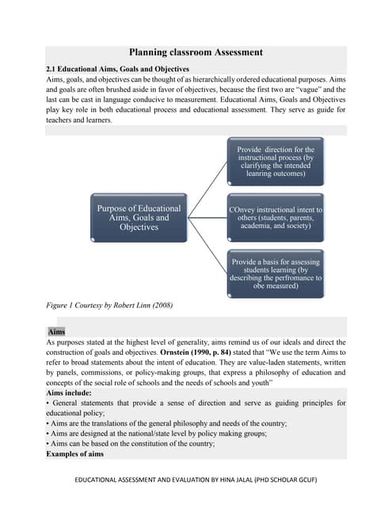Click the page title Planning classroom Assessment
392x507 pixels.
pyautogui.click(x=196, y=52)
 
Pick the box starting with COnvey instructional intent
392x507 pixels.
pyautogui.click(x=276, y=216)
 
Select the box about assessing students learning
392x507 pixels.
pyautogui.click(x=276, y=273)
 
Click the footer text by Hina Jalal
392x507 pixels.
pyautogui.click(x=196, y=481)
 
